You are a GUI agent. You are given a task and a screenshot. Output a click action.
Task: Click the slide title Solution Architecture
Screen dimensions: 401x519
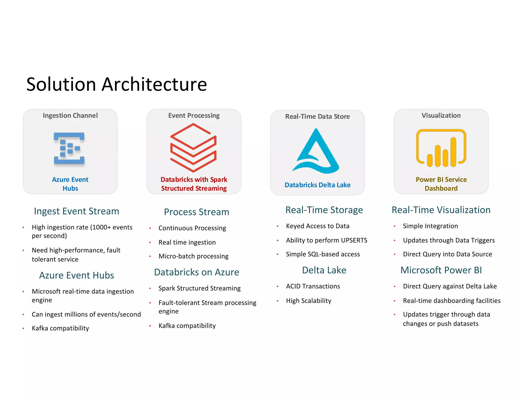[x=117, y=84]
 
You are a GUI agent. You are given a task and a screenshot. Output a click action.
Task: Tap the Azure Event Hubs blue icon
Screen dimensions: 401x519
[x=69, y=148]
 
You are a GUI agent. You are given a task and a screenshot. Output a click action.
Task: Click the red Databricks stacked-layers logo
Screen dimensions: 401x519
[x=193, y=148]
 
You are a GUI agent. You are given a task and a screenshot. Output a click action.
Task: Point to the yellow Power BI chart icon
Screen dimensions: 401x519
[x=441, y=148]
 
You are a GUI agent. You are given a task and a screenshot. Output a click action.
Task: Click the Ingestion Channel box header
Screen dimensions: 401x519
[x=70, y=116]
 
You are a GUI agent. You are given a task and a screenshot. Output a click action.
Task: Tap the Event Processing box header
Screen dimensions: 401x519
[x=194, y=116]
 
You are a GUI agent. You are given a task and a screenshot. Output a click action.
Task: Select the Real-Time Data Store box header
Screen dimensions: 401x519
[x=317, y=117]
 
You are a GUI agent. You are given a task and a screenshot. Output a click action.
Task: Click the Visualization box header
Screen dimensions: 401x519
[x=441, y=116]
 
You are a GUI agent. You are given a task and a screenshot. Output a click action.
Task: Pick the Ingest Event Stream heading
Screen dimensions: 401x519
[x=77, y=211]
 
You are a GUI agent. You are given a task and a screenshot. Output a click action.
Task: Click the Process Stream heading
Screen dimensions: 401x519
[x=196, y=212]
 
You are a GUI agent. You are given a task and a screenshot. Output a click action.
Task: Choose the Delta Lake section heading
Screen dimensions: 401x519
[x=324, y=270]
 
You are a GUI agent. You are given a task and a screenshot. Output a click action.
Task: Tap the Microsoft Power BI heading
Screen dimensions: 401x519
[x=441, y=270]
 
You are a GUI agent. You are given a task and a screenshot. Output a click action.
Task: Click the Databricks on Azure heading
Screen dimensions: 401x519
[x=196, y=272]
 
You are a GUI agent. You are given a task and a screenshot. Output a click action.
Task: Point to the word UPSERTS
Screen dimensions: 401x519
[x=354, y=240]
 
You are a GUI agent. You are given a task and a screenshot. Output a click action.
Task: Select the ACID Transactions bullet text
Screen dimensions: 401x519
[x=313, y=286]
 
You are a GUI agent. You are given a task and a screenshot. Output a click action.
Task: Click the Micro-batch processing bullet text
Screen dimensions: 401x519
[x=193, y=256]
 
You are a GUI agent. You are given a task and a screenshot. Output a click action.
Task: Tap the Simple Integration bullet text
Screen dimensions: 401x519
[x=430, y=226]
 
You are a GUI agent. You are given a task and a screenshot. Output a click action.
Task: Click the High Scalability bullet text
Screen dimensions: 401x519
[x=308, y=301]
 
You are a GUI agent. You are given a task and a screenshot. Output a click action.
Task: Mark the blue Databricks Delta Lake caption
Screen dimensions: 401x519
[x=317, y=185]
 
